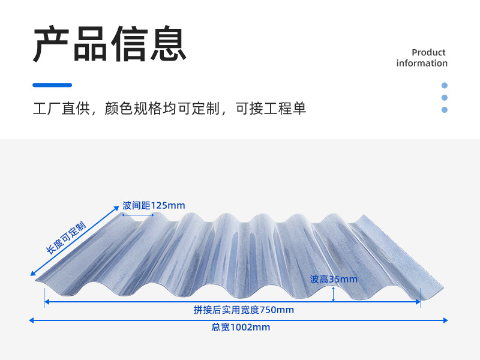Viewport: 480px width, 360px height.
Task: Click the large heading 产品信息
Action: coord(109,44)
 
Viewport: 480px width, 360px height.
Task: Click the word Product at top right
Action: coord(428,53)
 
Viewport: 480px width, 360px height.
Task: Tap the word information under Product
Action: coord(422,64)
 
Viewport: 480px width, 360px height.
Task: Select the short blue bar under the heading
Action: coord(52,85)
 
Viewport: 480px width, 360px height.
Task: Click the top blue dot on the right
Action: coord(445,85)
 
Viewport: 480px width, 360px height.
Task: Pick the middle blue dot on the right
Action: coord(445,97)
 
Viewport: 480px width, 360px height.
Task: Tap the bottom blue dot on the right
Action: coord(445,110)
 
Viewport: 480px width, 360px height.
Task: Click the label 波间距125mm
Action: coord(154,206)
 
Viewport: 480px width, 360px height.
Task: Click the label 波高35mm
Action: coord(334,279)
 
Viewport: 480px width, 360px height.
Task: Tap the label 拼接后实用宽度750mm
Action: coord(244,310)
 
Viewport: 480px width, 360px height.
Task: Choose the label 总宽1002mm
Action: coord(241,328)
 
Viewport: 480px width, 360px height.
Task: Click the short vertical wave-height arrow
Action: coord(334,293)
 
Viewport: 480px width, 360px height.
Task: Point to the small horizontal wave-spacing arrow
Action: coord(138,214)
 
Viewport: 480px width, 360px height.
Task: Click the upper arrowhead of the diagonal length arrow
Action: coord(117,207)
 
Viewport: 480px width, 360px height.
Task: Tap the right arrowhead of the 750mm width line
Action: coord(418,302)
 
